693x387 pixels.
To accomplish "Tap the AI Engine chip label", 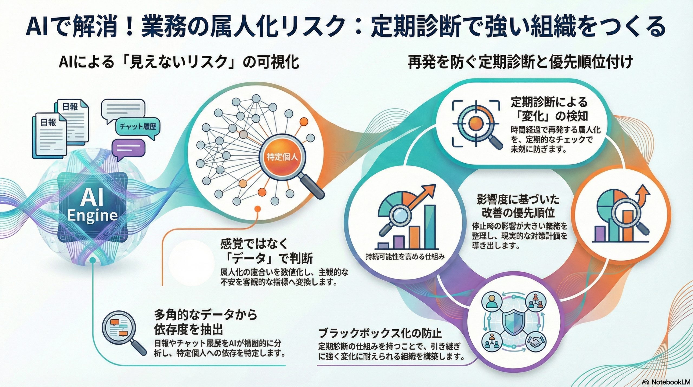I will pos(92,206).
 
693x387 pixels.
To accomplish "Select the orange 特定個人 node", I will pos(282,157).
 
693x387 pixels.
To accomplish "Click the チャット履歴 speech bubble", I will pos(138,127).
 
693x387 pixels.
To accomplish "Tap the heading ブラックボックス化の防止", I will pos(380,333).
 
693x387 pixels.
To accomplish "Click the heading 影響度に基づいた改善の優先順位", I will pos(518,206).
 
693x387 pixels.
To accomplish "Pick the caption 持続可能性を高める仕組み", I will pos(405,256).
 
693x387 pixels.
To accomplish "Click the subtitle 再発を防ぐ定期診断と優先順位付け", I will pos(520,62).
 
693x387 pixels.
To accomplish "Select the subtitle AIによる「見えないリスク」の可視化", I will pos(179,62).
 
